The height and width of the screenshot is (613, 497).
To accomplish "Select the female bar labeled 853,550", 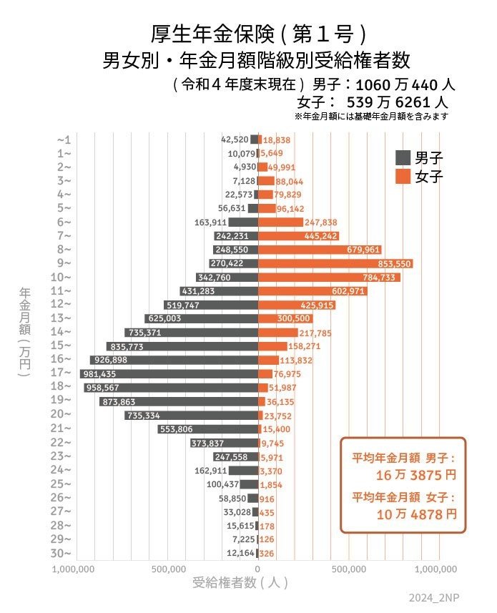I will click(x=335, y=264).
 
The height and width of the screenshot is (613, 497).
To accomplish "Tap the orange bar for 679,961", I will click(x=320, y=250).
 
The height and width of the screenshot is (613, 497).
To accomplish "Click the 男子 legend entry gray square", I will click(x=403, y=157).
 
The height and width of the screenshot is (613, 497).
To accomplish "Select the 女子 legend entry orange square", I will click(x=403, y=176).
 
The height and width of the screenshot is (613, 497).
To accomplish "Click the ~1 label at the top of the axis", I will click(x=63, y=139).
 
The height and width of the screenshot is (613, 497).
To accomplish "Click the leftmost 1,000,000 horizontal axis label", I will click(x=75, y=569).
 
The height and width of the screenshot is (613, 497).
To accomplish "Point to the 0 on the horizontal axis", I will click(x=258, y=569).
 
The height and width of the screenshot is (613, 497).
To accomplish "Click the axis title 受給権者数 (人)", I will click(x=240, y=583).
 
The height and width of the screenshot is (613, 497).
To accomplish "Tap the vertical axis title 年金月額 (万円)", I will click(x=25, y=332).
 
